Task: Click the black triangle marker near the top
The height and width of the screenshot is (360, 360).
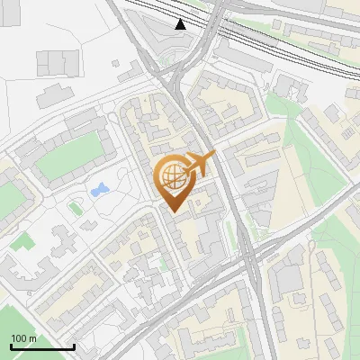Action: (x=182, y=24)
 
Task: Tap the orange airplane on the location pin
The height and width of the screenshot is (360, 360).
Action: (x=200, y=164)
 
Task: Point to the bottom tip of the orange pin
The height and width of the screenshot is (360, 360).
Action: (x=172, y=212)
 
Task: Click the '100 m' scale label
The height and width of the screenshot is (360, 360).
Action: (x=23, y=338)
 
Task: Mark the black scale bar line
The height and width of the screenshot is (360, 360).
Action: (x=41, y=346)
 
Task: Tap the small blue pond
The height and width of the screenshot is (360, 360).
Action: (x=99, y=190)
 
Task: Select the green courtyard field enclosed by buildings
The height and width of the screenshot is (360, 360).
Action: (x=67, y=158)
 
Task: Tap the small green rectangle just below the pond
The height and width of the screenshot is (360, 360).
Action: (x=76, y=208)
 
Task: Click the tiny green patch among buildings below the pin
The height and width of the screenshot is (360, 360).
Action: (x=162, y=263)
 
